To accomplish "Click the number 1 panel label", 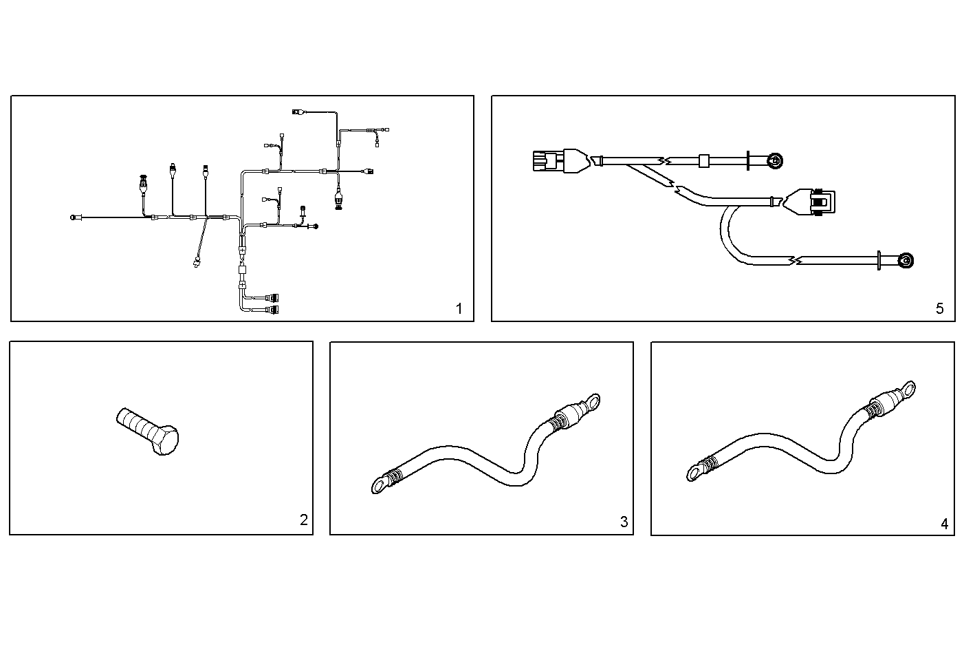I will tap(459, 308).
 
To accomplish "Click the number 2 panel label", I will tap(304, 520).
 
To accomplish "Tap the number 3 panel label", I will tap(624, 522).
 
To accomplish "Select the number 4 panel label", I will tap(944, 524).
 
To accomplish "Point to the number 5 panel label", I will tap(940, 308).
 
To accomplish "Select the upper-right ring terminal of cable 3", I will tap(590, 400).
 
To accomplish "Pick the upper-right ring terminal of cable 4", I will tap(909, 388).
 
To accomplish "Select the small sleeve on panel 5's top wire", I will tap(703, 162).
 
